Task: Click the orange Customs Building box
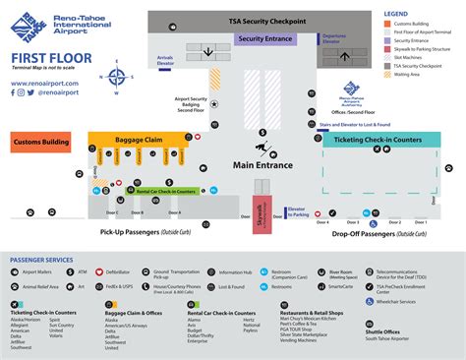[40, 143]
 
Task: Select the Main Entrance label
[262, 165]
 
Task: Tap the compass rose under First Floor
[117, 76]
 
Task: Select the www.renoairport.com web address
[46, 84]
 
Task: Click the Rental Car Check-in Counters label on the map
[161, 192]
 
